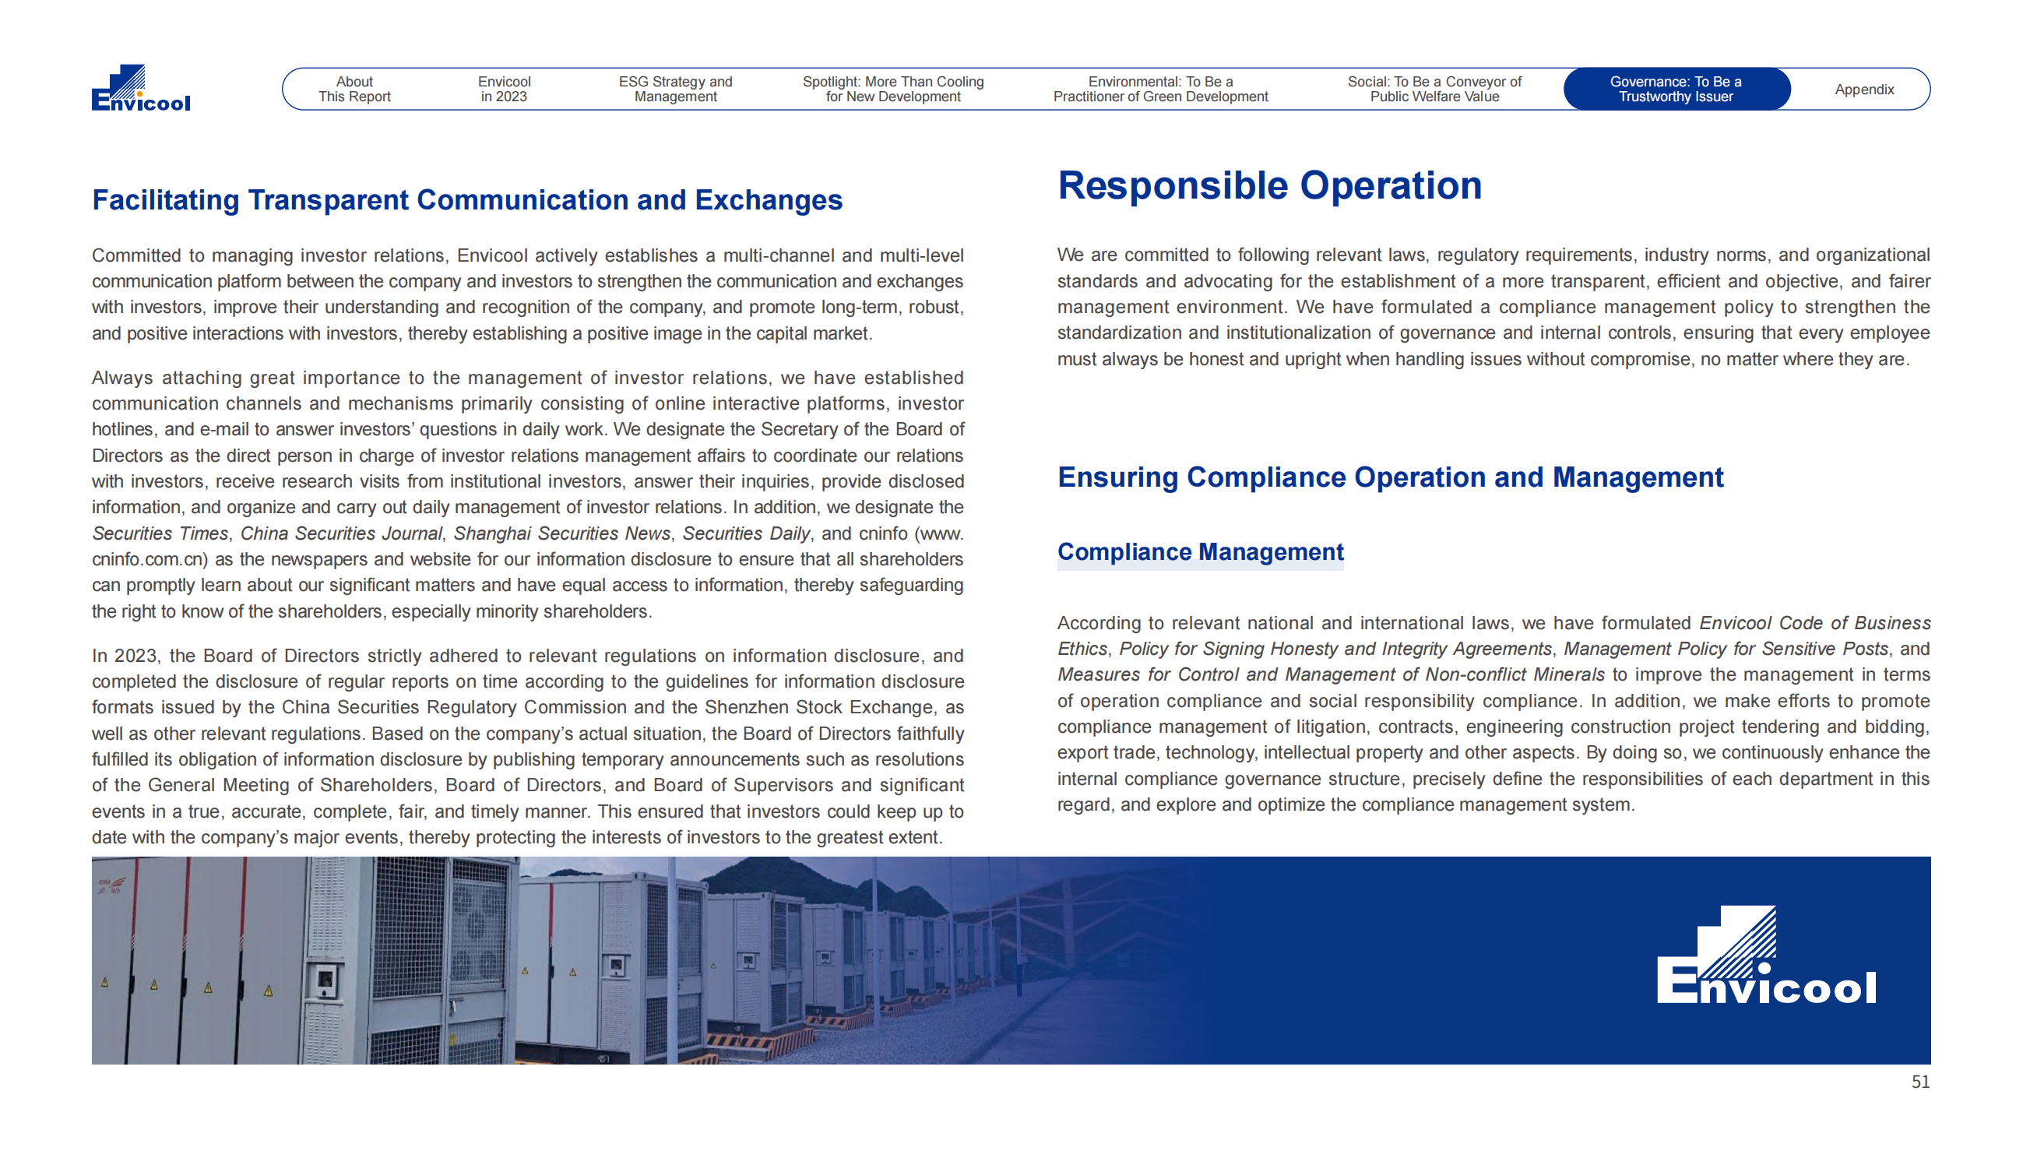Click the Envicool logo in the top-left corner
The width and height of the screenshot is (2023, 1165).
coord(141,88)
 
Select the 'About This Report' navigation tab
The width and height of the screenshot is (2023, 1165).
coord(354,89)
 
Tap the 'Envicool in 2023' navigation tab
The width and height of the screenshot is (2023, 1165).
coord(504,89)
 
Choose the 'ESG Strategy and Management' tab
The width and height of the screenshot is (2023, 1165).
coord(675,89)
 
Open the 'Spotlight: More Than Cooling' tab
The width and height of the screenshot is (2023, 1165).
coord(892,89)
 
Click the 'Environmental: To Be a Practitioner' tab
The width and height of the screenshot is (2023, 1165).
coord(1160,89)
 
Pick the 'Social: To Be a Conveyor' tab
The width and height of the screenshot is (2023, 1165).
coord(1434,89)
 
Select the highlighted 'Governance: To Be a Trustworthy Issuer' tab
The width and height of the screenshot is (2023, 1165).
coord(1675,89)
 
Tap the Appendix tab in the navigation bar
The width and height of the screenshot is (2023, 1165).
coord(1864,90)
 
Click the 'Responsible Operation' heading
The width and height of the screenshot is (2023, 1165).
coord(1268,185)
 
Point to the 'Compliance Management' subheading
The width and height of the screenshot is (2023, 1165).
coord(1200,552)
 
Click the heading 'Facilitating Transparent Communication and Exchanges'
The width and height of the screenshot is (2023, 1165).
coord(467,200)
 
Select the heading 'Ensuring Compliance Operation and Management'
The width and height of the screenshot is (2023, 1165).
coord(1389,477)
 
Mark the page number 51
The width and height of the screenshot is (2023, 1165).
coord(1919,1082)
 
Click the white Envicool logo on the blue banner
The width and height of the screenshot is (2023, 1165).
coord(1765,956)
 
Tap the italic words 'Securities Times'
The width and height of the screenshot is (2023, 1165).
coord(160,533)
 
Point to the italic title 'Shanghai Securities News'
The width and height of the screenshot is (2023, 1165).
coord(561,533)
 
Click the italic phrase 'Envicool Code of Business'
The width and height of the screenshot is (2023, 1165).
coord(1814,623)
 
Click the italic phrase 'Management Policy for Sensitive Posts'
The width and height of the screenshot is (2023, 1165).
coord(1726,649)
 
